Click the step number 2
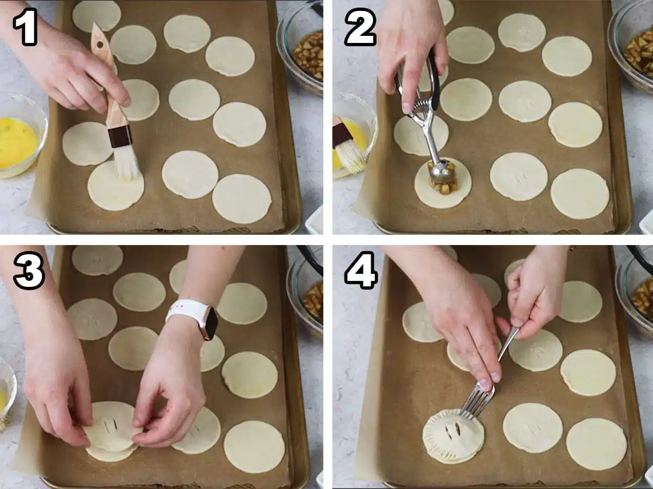coord(361,27)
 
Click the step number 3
coord(29,270)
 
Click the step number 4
coord(361,270)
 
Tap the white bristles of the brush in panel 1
coord(127,162)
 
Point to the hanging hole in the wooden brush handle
coord(100,45)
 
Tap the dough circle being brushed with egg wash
coord(116,186)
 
